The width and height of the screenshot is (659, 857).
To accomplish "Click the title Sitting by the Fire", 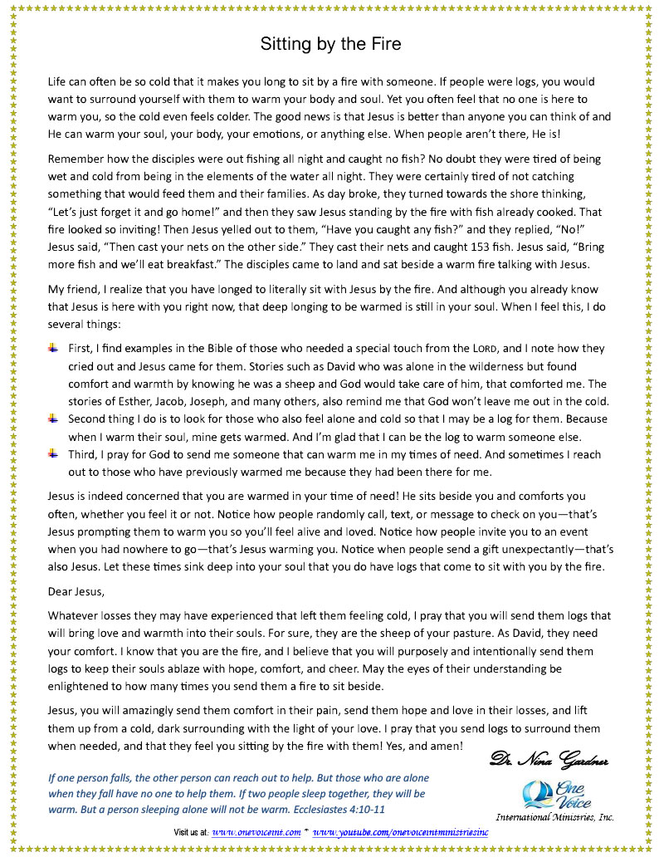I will [x=330, y=44].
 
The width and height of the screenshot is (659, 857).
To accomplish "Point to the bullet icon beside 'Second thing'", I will [x=53, y=419].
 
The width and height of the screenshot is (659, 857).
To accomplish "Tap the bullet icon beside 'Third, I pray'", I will [x=53, y=454].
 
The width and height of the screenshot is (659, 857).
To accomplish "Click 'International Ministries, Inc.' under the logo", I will [x=554, y=817].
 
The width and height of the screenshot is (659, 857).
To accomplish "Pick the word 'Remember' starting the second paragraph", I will [x=76, y=159].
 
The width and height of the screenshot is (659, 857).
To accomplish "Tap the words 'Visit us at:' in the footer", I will [x=191, y=831].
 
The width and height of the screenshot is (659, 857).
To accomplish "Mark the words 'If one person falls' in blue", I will [x=92, y=778].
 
